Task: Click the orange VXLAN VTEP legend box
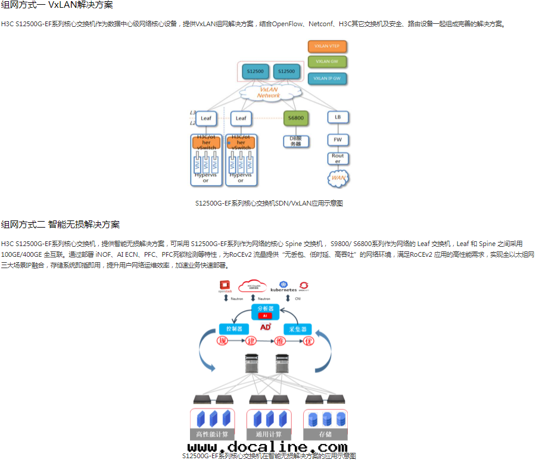(327, 46)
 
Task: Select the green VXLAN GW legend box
(327, 61)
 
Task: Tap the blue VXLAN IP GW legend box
(327, 78)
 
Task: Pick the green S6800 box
(296, 118)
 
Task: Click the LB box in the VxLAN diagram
(337, 118)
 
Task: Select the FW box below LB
(337, 139)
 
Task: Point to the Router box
(337, 158)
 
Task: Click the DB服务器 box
(296, 141)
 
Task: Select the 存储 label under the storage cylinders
(325, 434)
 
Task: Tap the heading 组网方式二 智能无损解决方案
(60, 225)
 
